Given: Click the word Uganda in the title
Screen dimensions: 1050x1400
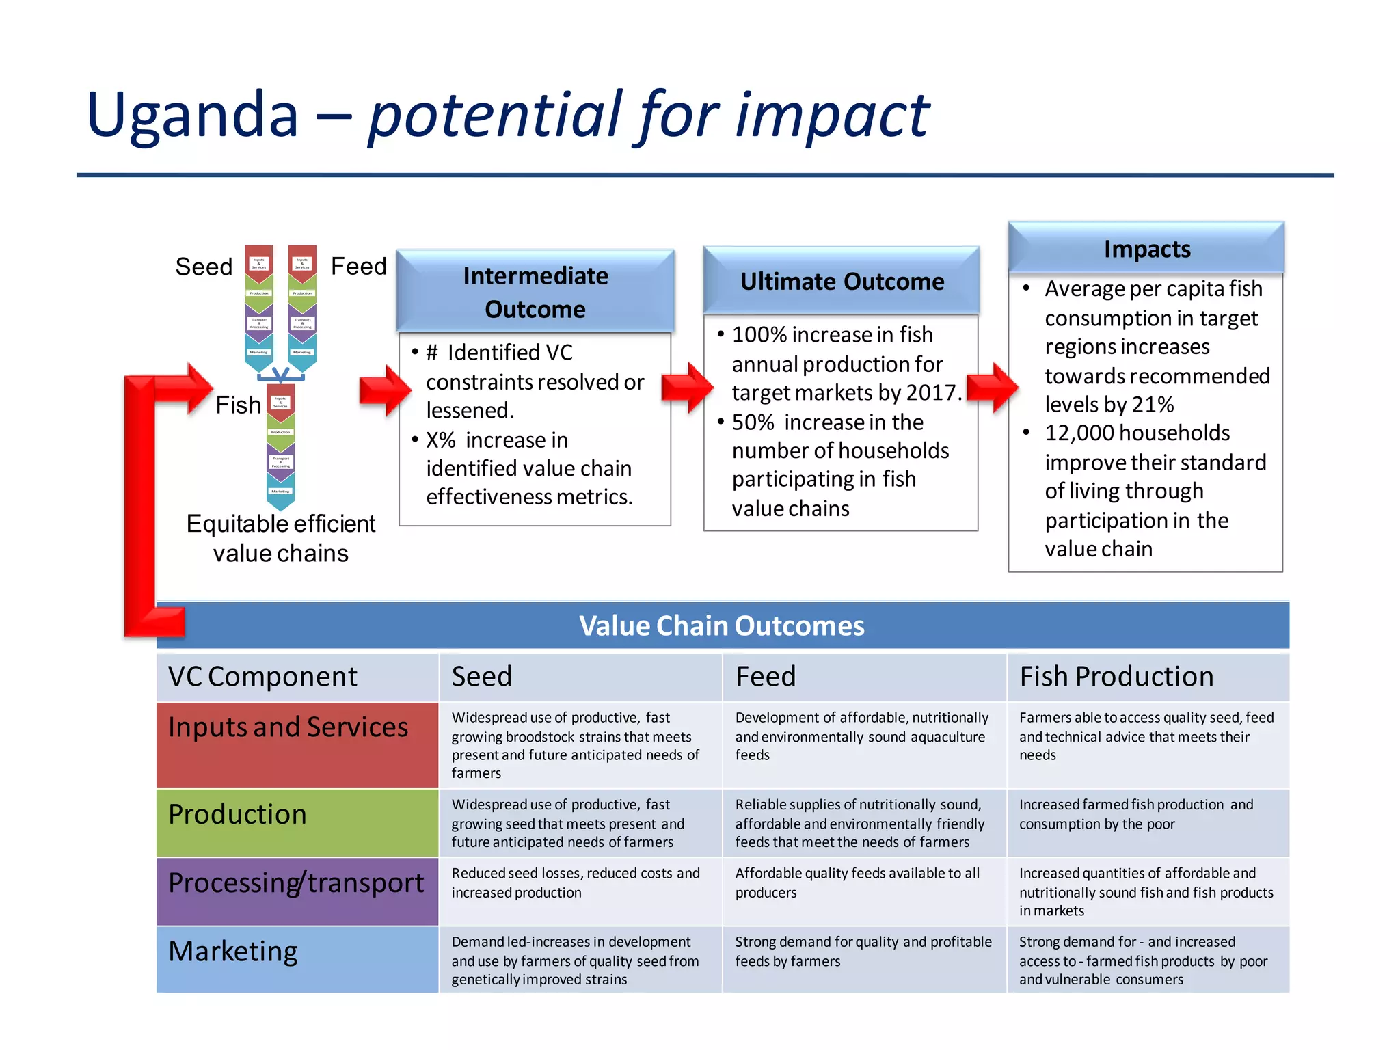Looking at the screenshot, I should (x=192, y=115).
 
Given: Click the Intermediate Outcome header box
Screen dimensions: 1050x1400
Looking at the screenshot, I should (x=535, y=292).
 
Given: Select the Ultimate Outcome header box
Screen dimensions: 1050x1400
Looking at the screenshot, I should (x=842, y=281).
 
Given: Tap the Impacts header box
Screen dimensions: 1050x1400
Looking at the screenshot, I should (x=1146, y=249).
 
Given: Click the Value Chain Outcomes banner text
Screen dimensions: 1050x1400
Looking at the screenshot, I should (x=721, y=625).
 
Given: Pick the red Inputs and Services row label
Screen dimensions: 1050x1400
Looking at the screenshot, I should (x=297, y=744).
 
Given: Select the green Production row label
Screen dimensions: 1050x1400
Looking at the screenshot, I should (x=297, y=822).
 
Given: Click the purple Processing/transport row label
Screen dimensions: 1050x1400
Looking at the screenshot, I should (x=297, y=890).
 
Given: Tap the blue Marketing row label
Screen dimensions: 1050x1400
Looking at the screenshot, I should (x=297, y=958).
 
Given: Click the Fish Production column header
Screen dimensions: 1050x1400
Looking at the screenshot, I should (x=1116, y=677).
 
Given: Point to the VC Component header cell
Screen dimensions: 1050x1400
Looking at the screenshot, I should (x=262, y=677).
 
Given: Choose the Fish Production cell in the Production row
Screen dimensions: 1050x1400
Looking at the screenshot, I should (x=1136, y=814).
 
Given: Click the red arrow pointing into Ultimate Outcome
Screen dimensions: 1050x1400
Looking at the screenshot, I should (x=686, y=388).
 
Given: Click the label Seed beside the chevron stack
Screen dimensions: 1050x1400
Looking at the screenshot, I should (x=204, y=267).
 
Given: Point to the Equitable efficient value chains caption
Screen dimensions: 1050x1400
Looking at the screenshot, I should (x=280, y=538).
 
